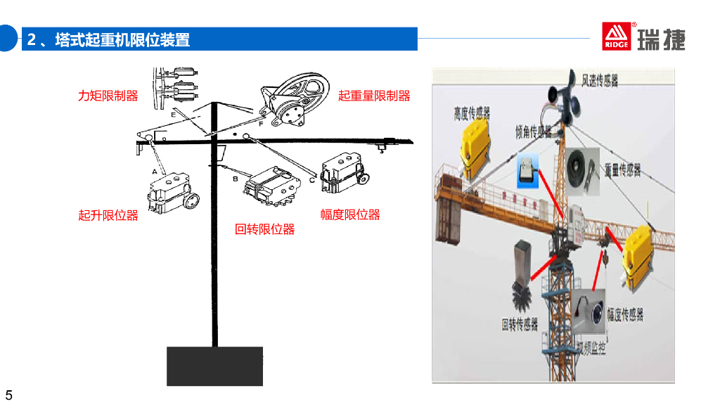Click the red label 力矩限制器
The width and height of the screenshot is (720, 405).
pyautogui.click(x=108, y=96)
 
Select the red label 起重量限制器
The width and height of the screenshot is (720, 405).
pyautogui.click(x=373, y=96)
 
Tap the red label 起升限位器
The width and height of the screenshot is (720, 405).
pyautogui.click(x=108, y=216)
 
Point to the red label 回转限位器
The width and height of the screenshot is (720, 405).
pyautogui.click(x=264, y=229)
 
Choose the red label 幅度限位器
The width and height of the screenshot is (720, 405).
pyautogui.click(x=350, y=214)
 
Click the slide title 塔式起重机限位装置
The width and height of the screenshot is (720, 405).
pyautogui.click(x=122, y=39)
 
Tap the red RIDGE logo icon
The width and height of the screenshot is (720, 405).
pyautogui.click(x=617, y=37)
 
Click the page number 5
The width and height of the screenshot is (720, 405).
pyautogui.click(x=9, y=394)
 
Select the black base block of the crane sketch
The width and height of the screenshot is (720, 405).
pyautogui.click(x=214, y=366)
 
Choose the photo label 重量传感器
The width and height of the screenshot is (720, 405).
pyautogui.click(x=622, y=169)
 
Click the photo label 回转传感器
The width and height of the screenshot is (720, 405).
pyautogui.click(x=520, y=324)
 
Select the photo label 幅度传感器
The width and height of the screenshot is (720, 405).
pyautogui.click(x=625, y=314)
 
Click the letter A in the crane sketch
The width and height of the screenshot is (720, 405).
pyautogui.click(x=154, y=171)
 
